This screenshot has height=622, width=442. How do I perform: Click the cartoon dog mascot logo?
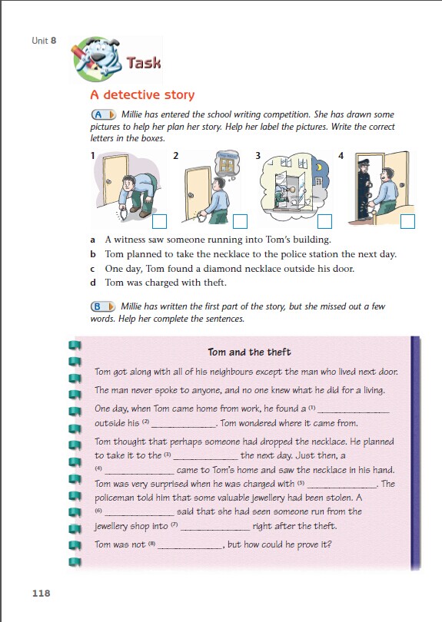(96, 59)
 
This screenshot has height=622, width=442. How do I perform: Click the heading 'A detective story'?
(142, 94)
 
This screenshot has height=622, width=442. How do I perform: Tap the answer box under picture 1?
(159, 221)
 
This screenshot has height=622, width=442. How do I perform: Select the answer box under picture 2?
(240, 221)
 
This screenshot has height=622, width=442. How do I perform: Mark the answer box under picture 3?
(324, 221)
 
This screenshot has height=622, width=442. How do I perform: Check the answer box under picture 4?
(407, 221)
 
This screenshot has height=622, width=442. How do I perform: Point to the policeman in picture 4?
(364, 189)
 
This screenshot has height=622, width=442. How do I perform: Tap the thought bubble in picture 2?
(228, 164)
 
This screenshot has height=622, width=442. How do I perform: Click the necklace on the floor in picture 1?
(122, 213)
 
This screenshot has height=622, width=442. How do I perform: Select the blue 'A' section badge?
(103, 114)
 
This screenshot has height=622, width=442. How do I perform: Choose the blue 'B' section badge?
(103, 306)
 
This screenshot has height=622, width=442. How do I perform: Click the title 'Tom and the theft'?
(249, 352)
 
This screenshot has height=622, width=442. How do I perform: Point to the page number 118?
(42, 593)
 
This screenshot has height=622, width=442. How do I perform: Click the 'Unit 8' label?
(44, 41)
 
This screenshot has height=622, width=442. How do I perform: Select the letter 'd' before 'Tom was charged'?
(93, 283)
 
